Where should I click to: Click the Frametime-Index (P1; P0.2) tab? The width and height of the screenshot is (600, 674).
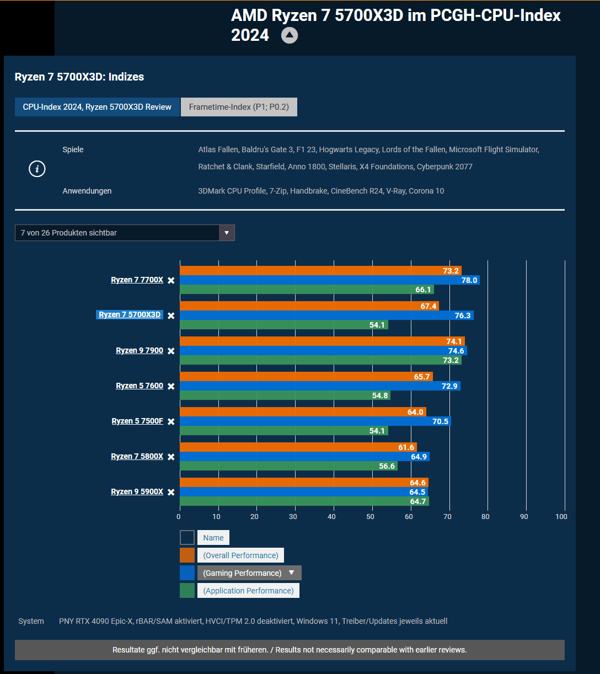(239, 107)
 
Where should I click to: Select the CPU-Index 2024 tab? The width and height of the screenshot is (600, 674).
(97, 107)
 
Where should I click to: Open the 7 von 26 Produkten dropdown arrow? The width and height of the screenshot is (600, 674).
(227, 233)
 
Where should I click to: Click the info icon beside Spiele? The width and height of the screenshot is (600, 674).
(37, 169)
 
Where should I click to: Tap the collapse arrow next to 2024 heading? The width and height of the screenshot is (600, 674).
(290, 36)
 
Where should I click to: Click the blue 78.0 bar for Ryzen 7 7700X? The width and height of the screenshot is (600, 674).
(329, 280)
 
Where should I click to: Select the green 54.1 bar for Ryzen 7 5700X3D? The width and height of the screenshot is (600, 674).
(283, 325)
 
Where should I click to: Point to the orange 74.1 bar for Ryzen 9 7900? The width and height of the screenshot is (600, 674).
(322, 341)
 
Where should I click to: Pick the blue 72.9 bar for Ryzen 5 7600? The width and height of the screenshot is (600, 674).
(320, 386)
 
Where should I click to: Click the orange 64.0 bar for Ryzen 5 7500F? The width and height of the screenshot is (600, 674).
(303, 412)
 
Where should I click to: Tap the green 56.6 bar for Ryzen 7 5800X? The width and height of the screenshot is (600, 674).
(288, 466)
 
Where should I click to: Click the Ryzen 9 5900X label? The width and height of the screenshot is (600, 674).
(137, 491)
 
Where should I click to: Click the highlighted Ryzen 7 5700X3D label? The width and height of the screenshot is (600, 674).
(130, 315)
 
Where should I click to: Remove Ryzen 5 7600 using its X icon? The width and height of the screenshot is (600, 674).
(171, 386)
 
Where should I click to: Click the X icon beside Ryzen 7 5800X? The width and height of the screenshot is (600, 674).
(171, 457)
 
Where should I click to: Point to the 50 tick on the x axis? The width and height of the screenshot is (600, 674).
(370, 517)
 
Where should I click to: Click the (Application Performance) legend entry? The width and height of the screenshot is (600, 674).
(248, 591)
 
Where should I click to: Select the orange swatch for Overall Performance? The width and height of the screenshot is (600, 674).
(187, 555)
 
